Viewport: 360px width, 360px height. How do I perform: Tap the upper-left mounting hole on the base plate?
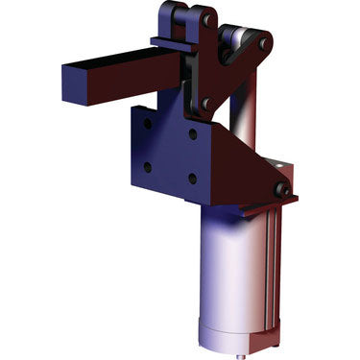point(147,124)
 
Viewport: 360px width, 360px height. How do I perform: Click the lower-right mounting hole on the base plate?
point(193,178)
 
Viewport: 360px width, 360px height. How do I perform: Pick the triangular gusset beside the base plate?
point(240,168)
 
